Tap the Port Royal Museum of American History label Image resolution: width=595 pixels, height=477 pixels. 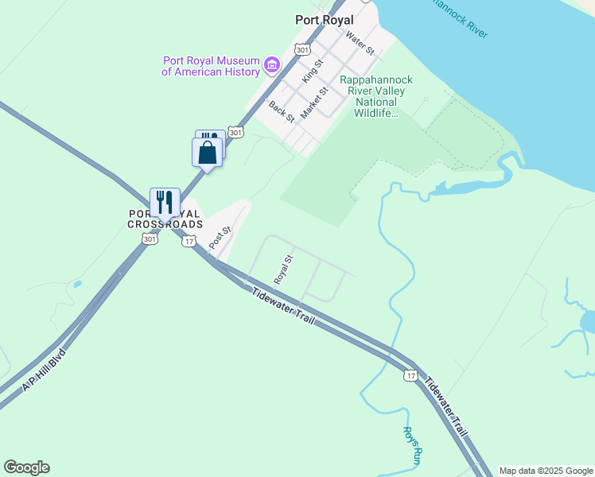coord(211,66)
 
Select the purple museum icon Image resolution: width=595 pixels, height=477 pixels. coord(272,64)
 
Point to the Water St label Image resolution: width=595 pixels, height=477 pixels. coord(360,42)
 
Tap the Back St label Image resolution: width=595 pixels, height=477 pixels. coord(282,111)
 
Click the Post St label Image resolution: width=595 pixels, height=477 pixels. coord(220,236)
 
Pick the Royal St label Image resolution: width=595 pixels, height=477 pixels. coord(284,270)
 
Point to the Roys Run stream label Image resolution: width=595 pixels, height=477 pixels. coord(410,445)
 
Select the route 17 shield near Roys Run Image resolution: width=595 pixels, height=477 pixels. coord(410,374)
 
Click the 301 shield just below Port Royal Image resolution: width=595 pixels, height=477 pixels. coord(301,49)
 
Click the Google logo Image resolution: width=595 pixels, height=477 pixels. coord(26,467)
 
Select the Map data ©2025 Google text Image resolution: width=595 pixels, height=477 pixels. coord(546,471)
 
